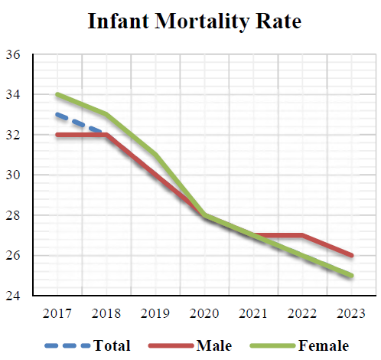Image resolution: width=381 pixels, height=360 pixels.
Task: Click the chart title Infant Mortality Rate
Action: click(194, 21)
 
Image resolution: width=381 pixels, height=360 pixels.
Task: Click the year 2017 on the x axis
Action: click(57, 313)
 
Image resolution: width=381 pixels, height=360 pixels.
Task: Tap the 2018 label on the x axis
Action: click(106, 313)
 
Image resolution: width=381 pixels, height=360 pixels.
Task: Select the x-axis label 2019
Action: click(155, 313)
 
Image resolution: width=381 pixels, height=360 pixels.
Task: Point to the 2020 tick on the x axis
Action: click(205, 313)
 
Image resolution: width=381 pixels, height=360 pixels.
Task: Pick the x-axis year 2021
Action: click(254, 313)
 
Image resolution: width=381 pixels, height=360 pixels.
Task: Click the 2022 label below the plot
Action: click(303, 313)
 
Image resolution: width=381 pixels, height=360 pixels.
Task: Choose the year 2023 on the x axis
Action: click(352, 313)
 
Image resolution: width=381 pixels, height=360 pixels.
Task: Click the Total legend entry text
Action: click(112, 345)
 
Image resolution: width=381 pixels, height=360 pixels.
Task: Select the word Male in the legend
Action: click(213, 345)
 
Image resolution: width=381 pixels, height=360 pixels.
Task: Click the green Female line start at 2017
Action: click(57, 95)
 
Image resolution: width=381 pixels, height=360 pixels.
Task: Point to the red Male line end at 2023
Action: click(351, 255)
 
